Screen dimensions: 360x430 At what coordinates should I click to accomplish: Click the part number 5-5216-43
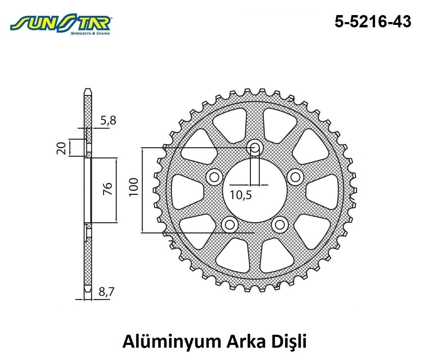pos(373,22)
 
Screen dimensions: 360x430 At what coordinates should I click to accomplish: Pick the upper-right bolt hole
pos(296,177)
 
